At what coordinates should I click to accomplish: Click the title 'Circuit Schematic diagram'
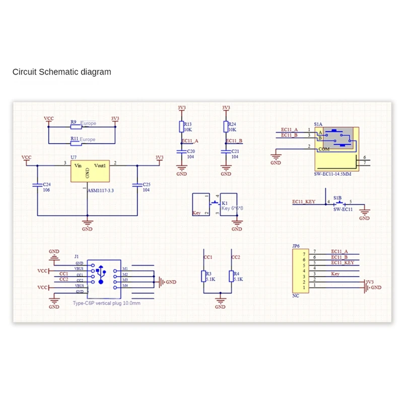[61, 72]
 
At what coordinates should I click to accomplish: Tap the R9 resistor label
[73, 122]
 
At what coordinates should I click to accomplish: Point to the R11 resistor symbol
[75, 142]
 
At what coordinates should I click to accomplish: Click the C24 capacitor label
[47, 184]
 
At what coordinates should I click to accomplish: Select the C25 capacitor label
[146, 184]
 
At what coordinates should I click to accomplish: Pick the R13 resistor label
[187, 123]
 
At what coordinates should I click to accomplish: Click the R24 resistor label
[232, 123]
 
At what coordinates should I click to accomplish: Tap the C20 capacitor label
[191, 151]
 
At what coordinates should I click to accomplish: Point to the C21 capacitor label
[235, 151]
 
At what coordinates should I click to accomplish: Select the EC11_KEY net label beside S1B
[304, 201]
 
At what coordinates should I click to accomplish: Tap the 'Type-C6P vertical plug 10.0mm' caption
[106, 303]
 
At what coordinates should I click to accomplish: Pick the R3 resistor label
[208, 274]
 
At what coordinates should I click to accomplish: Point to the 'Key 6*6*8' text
[232, 208]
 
